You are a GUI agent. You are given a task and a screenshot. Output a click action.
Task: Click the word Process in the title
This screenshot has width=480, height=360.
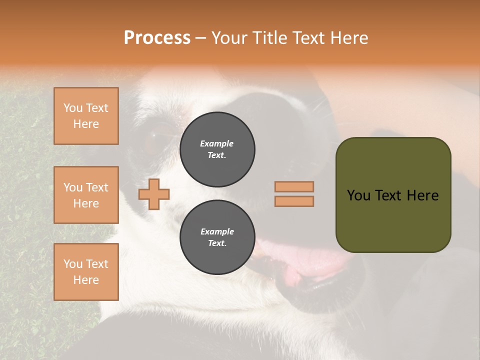[157, 38]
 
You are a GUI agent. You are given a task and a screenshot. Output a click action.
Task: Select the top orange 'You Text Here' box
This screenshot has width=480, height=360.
[86, 116]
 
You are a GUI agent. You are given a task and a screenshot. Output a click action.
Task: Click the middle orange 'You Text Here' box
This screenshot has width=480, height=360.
[86, 195]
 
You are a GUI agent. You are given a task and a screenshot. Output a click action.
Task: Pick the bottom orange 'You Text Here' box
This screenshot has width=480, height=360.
[86, 272]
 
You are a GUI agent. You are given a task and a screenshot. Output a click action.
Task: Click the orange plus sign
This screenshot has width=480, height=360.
[154, 194]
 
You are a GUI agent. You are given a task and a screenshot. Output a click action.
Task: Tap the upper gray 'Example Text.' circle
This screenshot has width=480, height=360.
[217, 149]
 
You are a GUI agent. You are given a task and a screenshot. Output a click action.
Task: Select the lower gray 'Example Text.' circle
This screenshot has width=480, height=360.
[217, 237]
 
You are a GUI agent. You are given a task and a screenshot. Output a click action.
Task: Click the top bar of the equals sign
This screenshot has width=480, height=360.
[294, 186]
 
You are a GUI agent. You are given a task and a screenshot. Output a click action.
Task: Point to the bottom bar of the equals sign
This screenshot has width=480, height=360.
[294, 201]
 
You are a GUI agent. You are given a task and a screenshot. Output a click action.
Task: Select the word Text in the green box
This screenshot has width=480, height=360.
[389, 195]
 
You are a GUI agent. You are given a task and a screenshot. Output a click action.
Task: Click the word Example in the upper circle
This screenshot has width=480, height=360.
[217, 143]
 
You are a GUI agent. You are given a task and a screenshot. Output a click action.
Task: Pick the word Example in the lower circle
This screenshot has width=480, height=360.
[217, 231]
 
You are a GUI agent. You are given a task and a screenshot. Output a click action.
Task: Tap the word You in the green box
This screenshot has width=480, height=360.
[358, 195]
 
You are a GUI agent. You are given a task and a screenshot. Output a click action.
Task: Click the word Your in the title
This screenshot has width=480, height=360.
[229, 38]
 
